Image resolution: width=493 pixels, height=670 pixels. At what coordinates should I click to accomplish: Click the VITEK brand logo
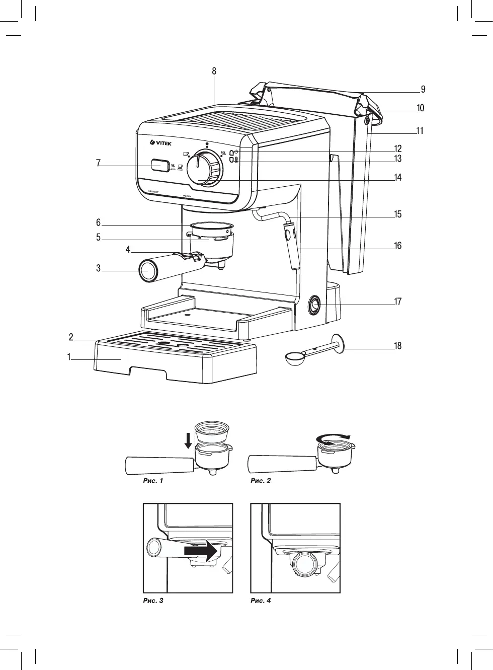coord(161,143)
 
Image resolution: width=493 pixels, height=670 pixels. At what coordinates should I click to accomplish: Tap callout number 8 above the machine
coord(214,71)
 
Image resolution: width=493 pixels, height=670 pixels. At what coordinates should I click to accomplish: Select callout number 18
coord(398,346)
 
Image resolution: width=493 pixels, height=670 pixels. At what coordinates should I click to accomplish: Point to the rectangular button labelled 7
coord(159,166)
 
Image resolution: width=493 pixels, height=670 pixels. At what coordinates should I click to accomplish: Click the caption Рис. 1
coord(153,481)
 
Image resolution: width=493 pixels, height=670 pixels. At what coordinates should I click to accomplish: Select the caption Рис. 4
coord(261,601)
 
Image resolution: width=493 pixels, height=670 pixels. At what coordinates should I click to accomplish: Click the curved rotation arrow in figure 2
coord(333,437)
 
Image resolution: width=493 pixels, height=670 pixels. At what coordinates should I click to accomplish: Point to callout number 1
coord(68,357)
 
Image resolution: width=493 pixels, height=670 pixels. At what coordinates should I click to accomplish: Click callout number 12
coord(398,149)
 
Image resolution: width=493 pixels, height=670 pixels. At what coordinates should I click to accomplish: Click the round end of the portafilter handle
coord(146,270)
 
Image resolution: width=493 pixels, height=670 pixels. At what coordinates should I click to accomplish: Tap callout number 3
coord(99,268)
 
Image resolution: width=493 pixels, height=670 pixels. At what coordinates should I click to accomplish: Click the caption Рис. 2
coord(261,481)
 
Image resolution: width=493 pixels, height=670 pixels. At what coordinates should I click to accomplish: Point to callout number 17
coord(398,302)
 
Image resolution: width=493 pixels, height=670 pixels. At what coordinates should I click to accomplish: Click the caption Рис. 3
coord(153,601)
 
